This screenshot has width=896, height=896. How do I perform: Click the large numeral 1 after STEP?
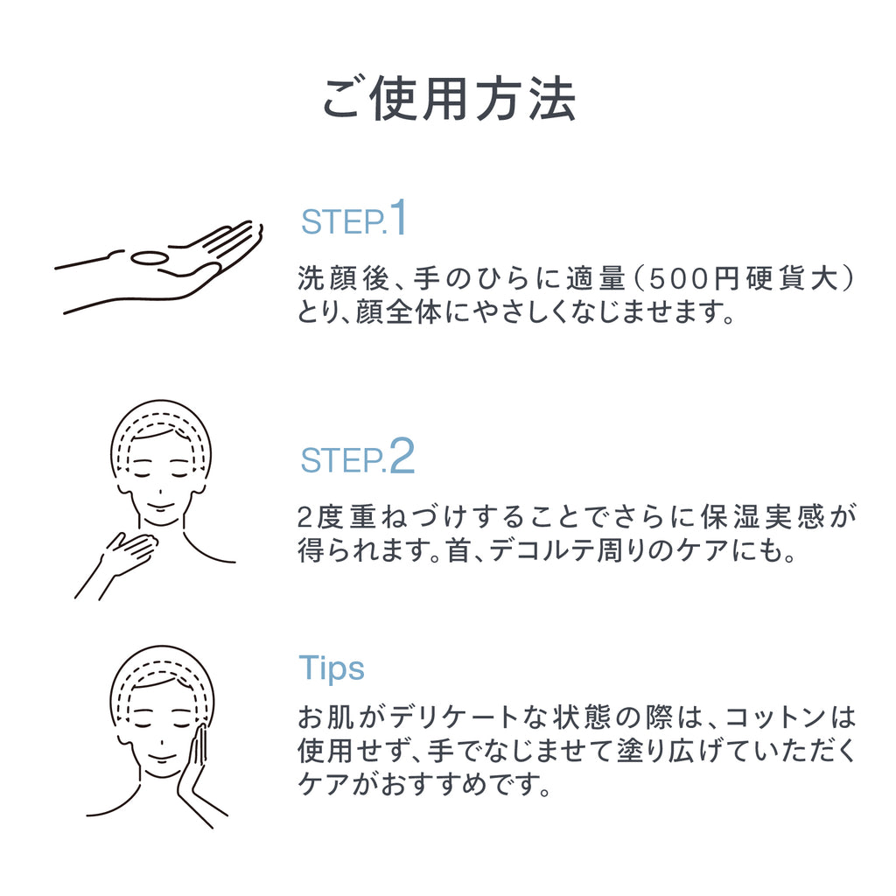[398, 218]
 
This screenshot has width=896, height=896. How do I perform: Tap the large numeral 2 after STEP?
[401, 455]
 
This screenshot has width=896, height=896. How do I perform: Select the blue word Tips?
[332, 668]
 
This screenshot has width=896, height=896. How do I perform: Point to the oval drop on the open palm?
[147, 258]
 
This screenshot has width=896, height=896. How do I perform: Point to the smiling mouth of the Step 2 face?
[160, 507]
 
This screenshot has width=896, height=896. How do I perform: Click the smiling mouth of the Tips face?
[161, 758]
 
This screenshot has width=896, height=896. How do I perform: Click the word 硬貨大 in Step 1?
[791, 279]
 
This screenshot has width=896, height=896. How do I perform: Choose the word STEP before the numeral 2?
[341, 460]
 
